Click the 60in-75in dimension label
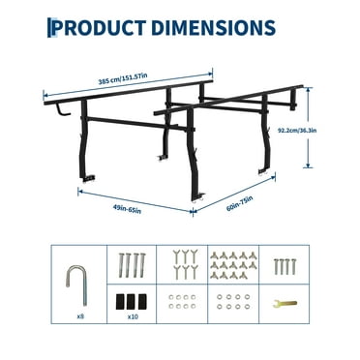[242, 202]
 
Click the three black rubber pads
[129, 301]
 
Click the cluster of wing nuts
[229, 264]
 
